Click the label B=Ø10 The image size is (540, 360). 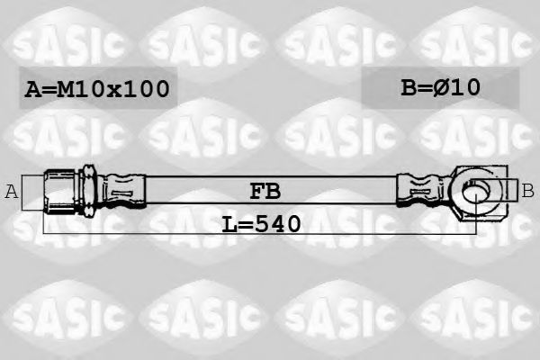click(x=440, y=87)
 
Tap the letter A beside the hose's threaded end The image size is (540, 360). click(x=12, y=190)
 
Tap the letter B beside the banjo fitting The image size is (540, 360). click(x=527, y=190)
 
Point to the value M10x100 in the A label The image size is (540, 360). click(x=114, y=88)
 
